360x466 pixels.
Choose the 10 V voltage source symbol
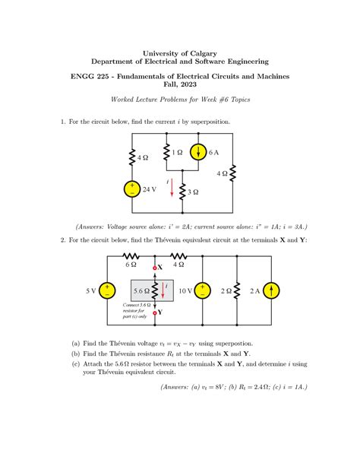[203, 290]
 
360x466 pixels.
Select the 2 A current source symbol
[273, 290]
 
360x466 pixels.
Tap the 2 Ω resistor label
[226, 290]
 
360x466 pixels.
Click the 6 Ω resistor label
[130, 265]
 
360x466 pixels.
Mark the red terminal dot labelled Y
[154, 312]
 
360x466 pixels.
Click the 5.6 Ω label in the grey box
[141, 291]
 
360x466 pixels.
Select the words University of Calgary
[179, 53]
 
